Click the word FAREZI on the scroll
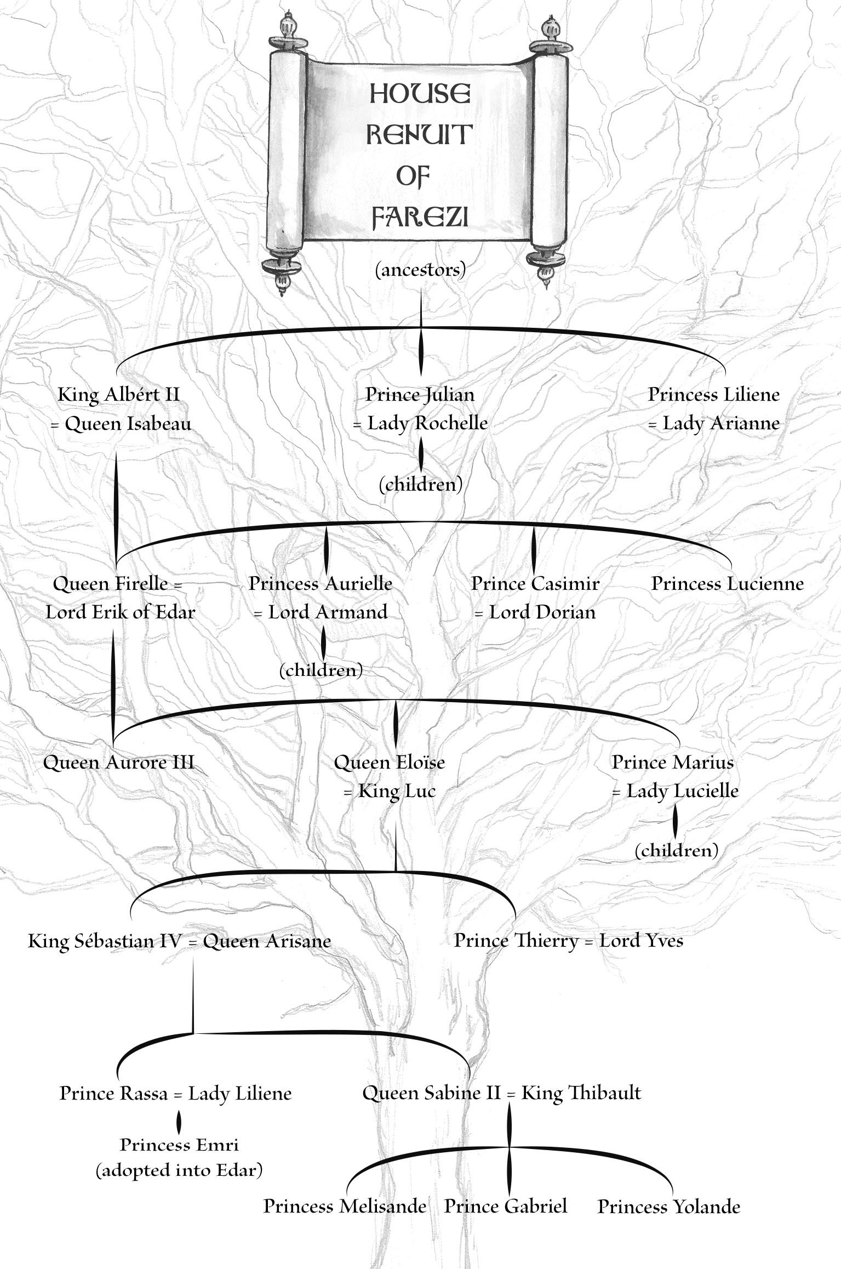pyautogui.click(x=420, y=217)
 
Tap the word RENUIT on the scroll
pyautogui.click(x=419, y=134)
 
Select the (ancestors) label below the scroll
pyautogui.click(x=420, y=269)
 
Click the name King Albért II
pyautogui.click(x=119, y=394)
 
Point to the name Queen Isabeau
pyautogui.click(x=128, y=423)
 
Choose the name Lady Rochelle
pyautogui.click(x=427, y=423)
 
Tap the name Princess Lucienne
pyautogui.click(x=727, y=583)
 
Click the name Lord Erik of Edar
pyautogui.click(x=120, y=612)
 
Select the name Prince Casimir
pyautogui.click(x=535, y=583)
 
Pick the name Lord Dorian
pyautogui.click(x=542, y=612)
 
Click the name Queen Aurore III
pyautogui.click(x=118, y=762)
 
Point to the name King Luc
pyautogui.click(x=397, y=791)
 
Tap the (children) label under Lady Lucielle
pyautogui.click(x=676, y=850)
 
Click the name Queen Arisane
pyautogui.click(x=267, y=941)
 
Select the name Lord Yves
pyautogui.click(x=641, y=940)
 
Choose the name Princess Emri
pyautogui.click(x=179, y=1145)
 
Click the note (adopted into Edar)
pyautogui.click(x=179, y=1170)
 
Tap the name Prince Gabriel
pyautogui.click(x=505, y=1206)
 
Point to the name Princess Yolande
pyautogui.click(x=668, y=1206)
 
